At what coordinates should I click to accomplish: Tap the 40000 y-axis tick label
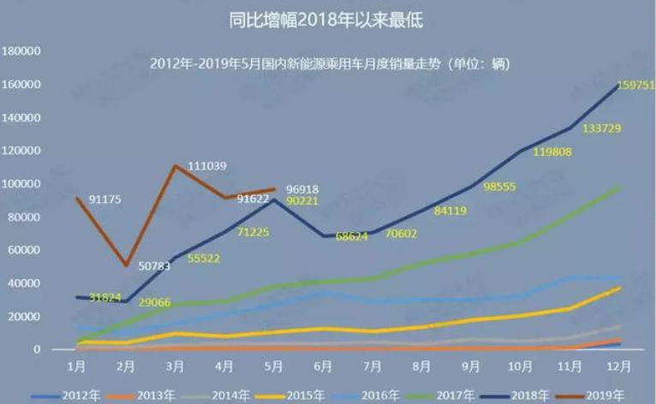[x=24, y=283]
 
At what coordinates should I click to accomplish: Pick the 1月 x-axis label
[x=76, y=365]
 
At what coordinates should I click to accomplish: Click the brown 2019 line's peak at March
[x=175, y=165]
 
